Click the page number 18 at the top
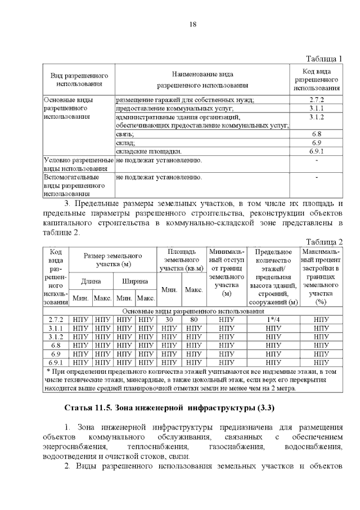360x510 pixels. pyautogui.click(x=192, y=24)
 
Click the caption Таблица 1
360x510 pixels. pyautogui.click(x=324, y=59)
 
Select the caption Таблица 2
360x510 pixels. pyautogui.click(x=324, y=241)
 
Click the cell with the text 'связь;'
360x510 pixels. pyautogui.click(x=125, y=135)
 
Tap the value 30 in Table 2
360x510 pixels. pyautogui.click(x=171, y=319)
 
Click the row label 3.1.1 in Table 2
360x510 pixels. pyautogui.click(x=55, y=328)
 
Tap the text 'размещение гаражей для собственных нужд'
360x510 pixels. pyautogui.click(x=184, y=100)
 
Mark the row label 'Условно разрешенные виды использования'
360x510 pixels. pyautogui.click(x=79, y=164)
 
